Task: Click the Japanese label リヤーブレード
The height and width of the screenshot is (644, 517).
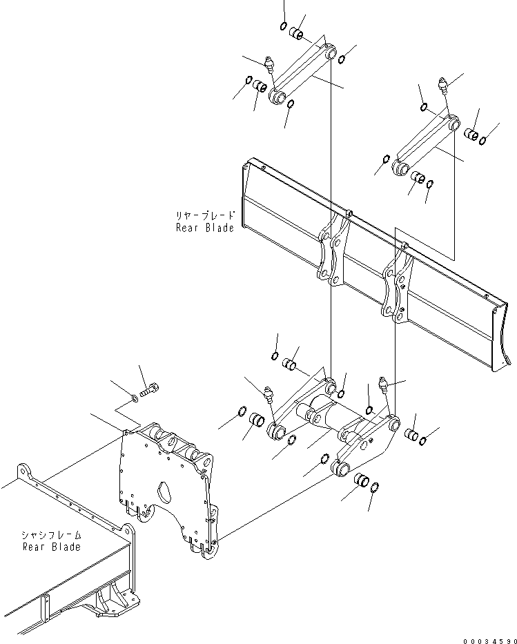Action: tap(205, 215)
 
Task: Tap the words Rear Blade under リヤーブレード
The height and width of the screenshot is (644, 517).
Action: tap(205, 228)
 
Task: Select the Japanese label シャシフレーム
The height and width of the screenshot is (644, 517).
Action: tap(51, 535)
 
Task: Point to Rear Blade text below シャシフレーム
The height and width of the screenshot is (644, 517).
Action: tap(51, 547)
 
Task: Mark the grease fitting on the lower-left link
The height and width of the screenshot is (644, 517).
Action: tap(269, 396)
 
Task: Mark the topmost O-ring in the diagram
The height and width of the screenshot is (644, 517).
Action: tap(284, 26)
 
